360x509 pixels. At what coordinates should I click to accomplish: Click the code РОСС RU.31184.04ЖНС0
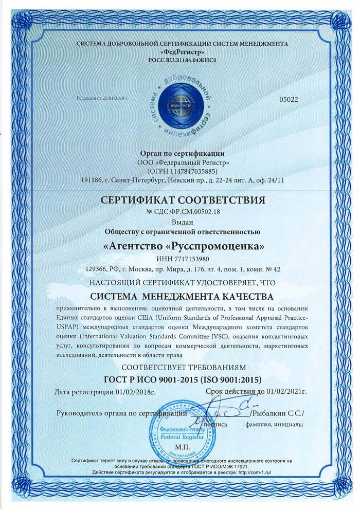[x=180, y=60]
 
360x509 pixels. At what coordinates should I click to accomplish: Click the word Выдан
[x=180, y=222]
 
